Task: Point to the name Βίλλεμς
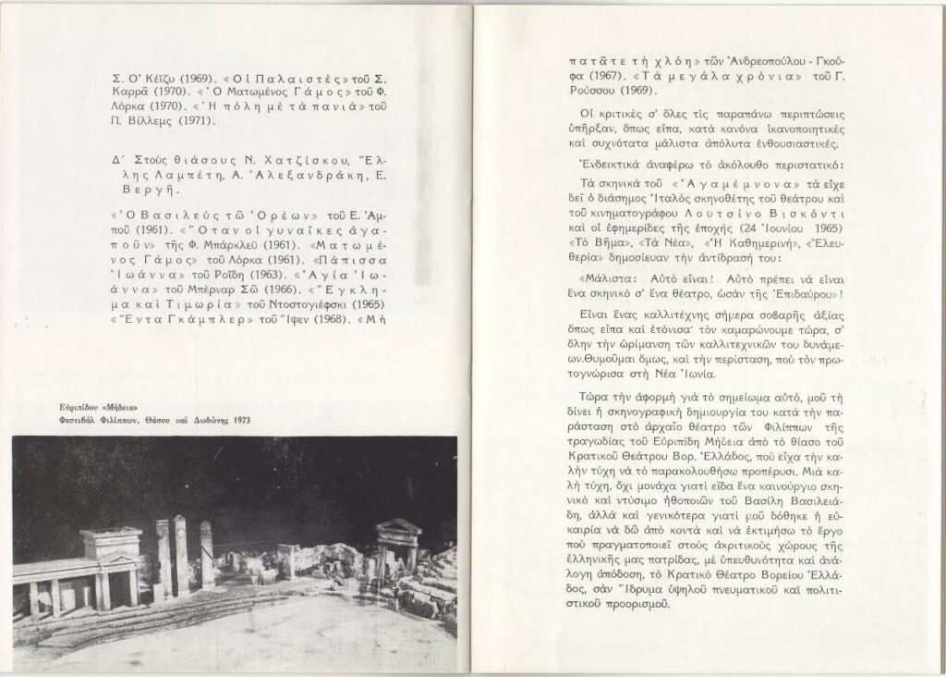click(x=151, y=120)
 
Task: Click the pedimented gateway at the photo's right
click(x=399, y=540)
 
